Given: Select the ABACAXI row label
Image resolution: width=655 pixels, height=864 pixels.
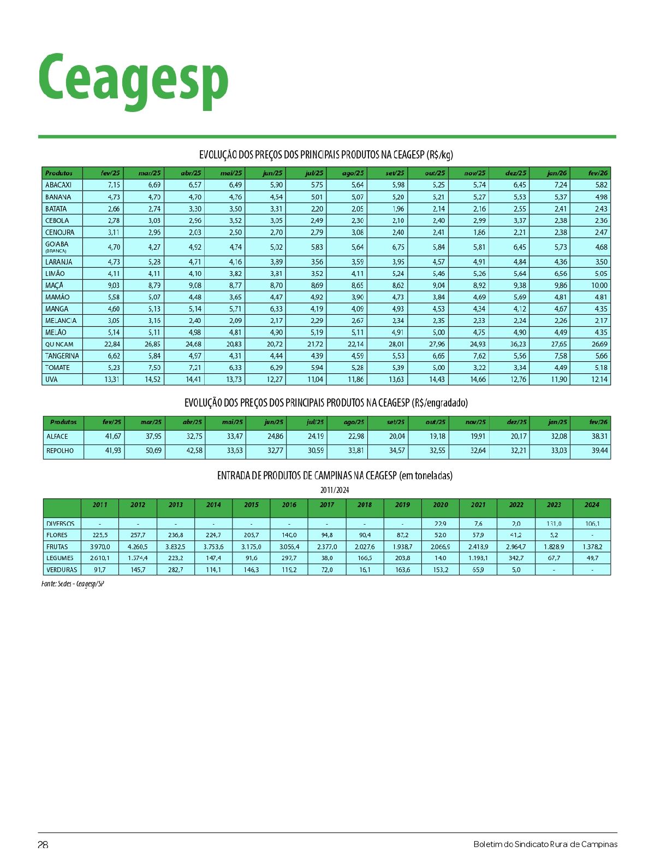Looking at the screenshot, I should coord(58,185).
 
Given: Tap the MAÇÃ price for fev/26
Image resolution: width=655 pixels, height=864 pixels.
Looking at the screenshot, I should coord(599,285).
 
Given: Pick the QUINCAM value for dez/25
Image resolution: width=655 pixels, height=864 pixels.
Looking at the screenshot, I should coord(518,344).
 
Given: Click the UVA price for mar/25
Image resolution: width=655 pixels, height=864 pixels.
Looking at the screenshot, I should coord(153,379).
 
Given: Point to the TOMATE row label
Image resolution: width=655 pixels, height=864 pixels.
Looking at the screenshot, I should coord(58,368).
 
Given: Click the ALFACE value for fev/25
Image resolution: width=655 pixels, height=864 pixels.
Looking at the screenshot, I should coord(113,437).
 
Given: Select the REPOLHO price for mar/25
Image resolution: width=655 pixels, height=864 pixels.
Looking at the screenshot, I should coord(153,451).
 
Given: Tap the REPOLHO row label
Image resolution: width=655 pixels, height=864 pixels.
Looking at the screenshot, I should coord(60,451).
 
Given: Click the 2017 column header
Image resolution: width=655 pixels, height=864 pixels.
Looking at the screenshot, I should coord(326,505).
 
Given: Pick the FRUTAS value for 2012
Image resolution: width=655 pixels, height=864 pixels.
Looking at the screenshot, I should coord(138,546).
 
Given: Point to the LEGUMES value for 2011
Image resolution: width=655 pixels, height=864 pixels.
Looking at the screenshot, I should coord(100,558).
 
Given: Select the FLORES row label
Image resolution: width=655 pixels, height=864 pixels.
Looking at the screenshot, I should coord(57,535).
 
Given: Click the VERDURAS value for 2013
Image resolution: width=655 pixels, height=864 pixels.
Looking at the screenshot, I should coord(176,569).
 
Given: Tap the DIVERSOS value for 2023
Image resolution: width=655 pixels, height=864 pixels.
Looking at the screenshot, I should coord(554,524).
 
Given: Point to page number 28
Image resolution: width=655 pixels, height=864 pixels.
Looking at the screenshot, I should coord(43,844).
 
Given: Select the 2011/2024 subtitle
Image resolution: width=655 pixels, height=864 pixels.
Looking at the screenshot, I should coord(335,490).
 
